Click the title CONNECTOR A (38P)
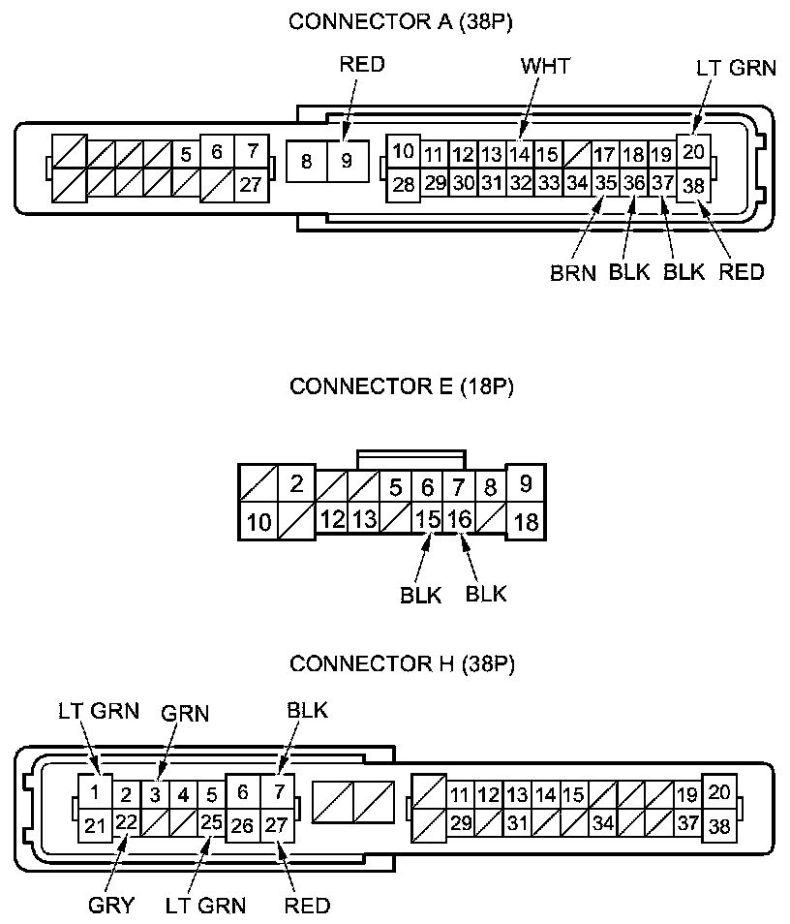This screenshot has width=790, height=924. point(401,22)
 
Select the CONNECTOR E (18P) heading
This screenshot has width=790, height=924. point(401,387)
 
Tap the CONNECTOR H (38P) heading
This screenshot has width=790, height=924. point(401,663)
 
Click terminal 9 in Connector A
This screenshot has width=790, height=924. point(347,161)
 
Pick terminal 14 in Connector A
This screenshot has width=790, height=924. point(520,154)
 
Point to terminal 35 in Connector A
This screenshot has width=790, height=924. point(606,182)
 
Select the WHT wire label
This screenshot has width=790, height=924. point(545,66)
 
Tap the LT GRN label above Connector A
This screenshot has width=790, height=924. point(736,68)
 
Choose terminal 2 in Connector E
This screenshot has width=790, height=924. point(297,483)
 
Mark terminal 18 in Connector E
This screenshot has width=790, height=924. point(527,521)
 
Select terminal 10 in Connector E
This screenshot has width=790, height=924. point(258,523)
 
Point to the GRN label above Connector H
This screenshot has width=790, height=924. point(186,714)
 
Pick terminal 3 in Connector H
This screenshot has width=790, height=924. point(154,796)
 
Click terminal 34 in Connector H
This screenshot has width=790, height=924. point(602,823)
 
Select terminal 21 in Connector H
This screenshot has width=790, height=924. point(94,825)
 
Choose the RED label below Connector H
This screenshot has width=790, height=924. point(307,906)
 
